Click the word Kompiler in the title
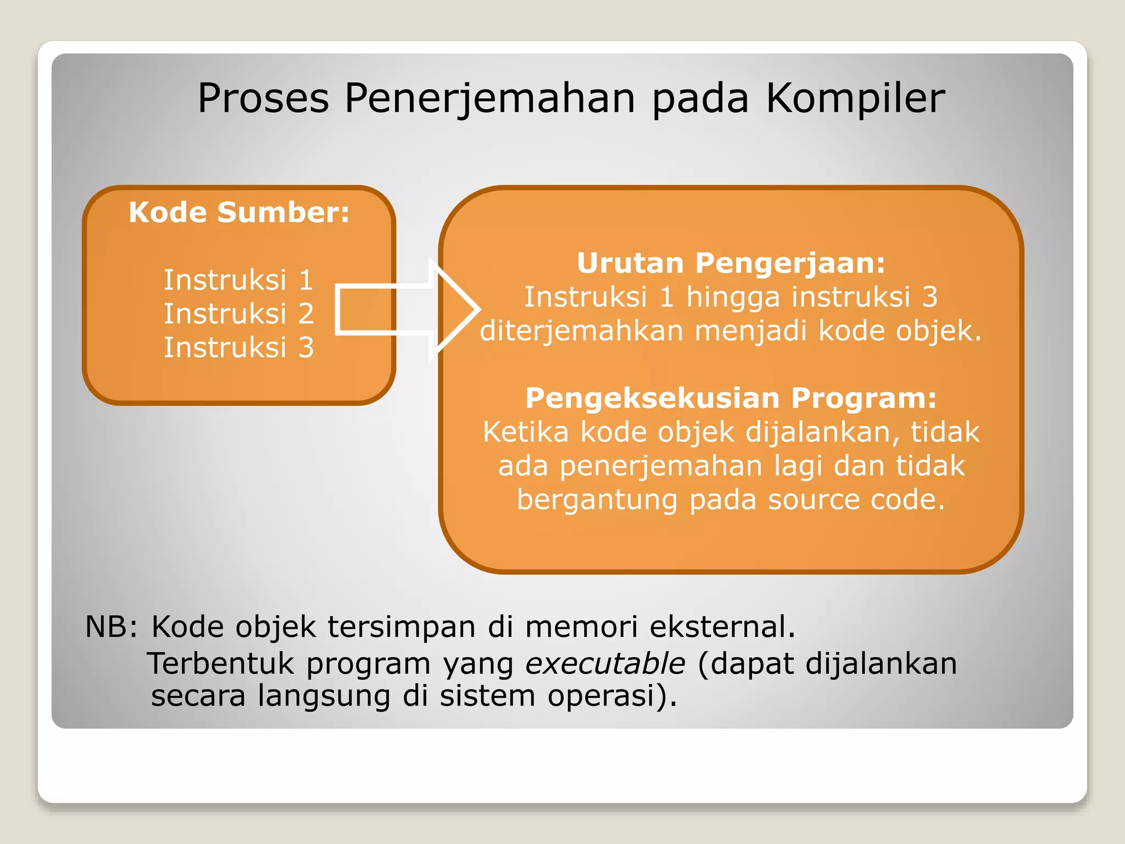click(855, 99)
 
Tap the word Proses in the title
click(263, 99)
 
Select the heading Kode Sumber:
click(239, 213)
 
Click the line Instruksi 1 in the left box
click(238, 280)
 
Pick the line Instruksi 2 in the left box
click(238, 314)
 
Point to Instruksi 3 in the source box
click(238, 348)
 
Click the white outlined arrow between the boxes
click(406, 310)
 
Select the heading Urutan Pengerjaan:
click(731, 263)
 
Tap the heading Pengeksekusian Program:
click(731, 398)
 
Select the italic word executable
click(605, 664)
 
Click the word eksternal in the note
click(722, 627)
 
